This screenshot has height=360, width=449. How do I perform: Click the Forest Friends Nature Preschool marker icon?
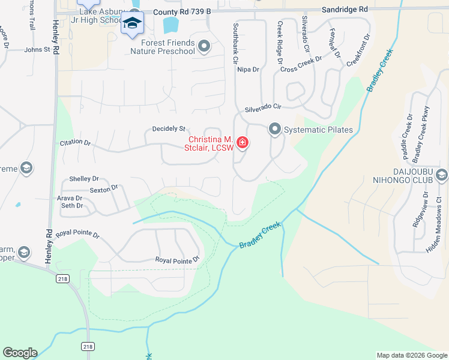204,46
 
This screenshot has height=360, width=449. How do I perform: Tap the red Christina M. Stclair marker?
243,143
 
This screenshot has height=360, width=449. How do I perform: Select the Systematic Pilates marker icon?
274,129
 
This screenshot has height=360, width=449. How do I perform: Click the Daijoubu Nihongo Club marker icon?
442,176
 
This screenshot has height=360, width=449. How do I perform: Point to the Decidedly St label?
169,128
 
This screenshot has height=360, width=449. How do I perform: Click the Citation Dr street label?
75,143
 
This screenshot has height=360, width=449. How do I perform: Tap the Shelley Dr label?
84,179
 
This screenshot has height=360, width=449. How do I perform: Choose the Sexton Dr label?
103,188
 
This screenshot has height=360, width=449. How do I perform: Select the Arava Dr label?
70,198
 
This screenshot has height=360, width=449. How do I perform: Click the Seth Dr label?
72,206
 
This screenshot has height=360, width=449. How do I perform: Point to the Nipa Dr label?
247,70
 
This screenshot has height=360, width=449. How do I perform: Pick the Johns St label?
37,50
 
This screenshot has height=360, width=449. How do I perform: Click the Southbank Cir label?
236,43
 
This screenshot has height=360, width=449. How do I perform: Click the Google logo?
20,353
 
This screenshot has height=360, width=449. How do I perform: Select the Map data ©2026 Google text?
411,355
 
